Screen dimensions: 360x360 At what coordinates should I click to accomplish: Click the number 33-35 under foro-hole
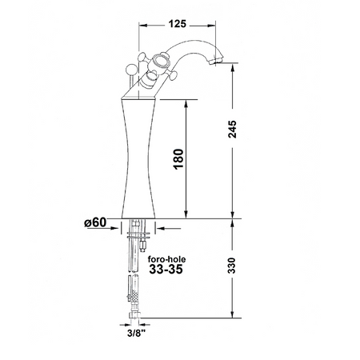[x=166, y=272]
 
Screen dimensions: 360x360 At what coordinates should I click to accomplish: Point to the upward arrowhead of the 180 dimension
[x=186, y=102]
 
